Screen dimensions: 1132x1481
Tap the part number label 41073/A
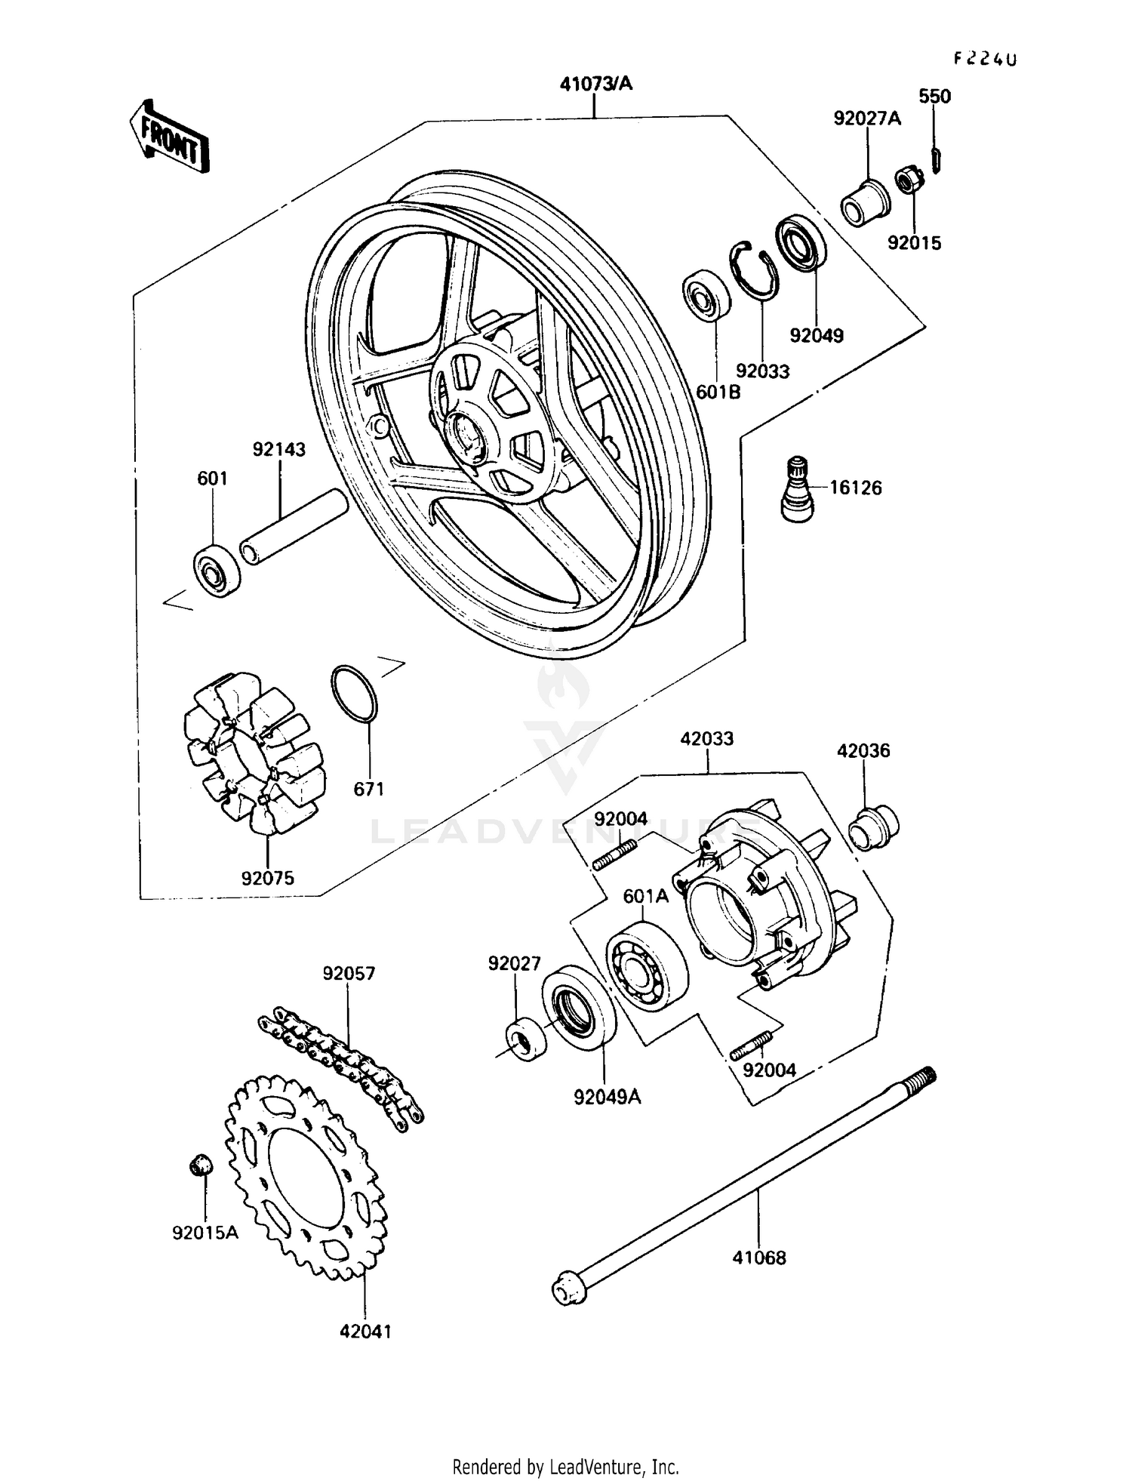(x=595, y=84)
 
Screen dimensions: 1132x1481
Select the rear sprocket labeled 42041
(x=306, y=1178)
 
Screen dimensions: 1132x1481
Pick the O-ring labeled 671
(x=353, y=693)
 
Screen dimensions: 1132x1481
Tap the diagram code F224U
(x=985, y=59)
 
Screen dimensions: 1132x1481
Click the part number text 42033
(x=706, y=738)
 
